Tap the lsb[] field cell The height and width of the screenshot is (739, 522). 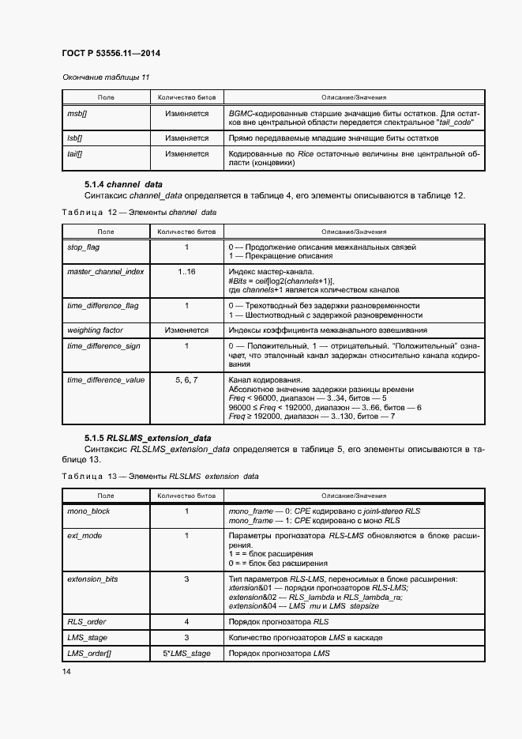(75, 138)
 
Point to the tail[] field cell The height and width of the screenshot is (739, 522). (75, 154)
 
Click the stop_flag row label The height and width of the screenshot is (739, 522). (84, 247)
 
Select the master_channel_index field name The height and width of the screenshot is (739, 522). (105, 271)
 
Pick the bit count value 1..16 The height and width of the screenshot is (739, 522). (186, 271)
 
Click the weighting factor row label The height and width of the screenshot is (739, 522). (95, 330)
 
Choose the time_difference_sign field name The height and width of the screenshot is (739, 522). (104, 345)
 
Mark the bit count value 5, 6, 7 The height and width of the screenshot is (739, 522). (186, 379)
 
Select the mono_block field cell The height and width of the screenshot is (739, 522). (88, 511)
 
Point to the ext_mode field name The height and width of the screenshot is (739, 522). (84, 535)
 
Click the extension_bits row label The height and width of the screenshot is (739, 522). (92, 579)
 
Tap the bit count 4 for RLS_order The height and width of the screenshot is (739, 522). (186, 621)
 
